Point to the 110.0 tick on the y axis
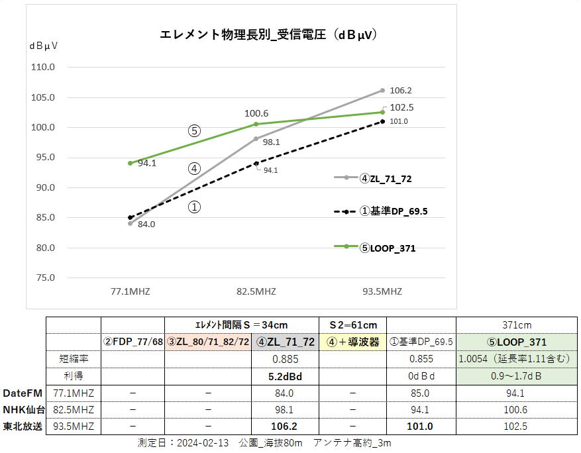pyautogui.click(x=43, y=68)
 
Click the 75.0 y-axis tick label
pyautogui.click(x=43, y=277)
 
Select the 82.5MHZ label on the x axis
pyautogui.click(x=256, y=291)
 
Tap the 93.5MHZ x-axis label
pyautogui.click(x=382, y=291)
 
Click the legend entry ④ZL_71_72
pyautogui.click(x=388, y=178)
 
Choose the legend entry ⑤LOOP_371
pyautogui.click(x=388, y=248)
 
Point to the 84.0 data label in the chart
pyautogui.click(x=146, y=225)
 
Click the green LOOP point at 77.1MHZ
pyautogui.click(x=130, y=163)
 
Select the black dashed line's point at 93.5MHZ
pyautogui.click(x=382, y=121)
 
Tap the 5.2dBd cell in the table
pyautogui.click(x=285, y=376)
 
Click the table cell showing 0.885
pyautogui.click(x=285, y=359)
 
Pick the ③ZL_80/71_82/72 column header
pyautogui.click(x=209, y=342)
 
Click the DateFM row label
pyautogui.click(x=23, y=393)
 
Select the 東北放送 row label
pyautogui.click(x=23, y=427)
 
